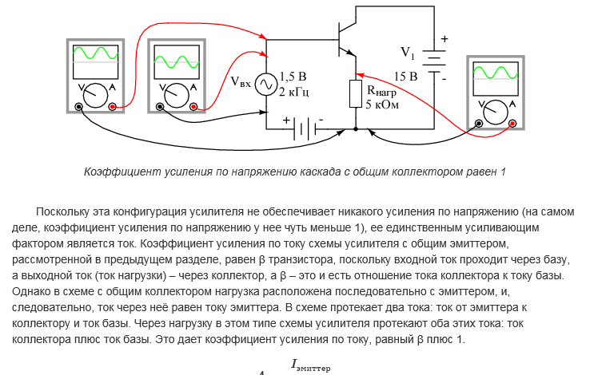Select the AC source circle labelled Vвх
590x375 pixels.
point(265,83)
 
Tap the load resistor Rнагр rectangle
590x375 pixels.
point(356,94)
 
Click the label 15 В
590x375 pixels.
point(405,77)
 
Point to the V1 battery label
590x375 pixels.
point(408,53)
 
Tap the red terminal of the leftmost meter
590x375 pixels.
point(114,106)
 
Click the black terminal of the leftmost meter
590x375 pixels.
point(78,106)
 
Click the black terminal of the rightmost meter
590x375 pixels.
point(478,123)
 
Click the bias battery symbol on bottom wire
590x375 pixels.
point(303,128)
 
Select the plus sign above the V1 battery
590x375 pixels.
point(445,38)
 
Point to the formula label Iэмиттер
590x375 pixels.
point(311,366)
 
